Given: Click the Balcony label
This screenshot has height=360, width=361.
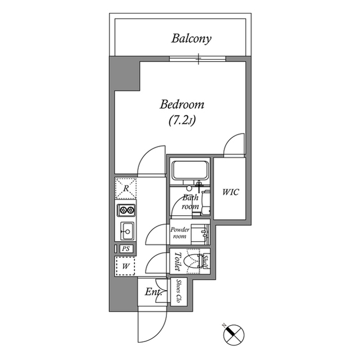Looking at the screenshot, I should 191,39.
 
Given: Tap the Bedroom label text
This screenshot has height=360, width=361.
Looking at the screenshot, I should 182,105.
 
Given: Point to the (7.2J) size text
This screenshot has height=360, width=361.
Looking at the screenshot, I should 182,120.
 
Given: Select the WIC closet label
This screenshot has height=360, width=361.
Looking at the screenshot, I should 230,192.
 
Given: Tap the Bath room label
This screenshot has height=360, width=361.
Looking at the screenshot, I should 190,202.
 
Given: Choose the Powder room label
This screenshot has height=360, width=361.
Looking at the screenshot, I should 180,233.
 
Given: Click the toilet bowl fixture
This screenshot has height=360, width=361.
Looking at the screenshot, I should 195,261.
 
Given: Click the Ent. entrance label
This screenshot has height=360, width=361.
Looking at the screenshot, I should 153,292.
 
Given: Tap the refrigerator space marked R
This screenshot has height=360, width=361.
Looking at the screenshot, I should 126,188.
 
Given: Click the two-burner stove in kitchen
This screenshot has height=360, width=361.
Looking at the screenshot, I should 126,211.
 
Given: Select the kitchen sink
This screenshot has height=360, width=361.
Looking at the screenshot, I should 126,230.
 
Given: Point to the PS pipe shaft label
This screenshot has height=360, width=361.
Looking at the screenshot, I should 126,248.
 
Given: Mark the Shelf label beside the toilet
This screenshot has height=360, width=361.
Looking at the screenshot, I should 206,261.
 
